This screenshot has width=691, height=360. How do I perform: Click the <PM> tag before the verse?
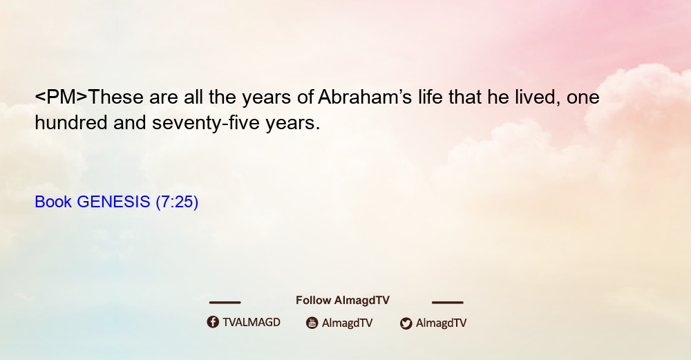[x=61, y=97]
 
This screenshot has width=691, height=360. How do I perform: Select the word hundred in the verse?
[x=71, y=122]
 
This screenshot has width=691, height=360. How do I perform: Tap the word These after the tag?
[x=116, y=97]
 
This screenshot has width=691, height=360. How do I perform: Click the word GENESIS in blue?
[x=114, y=202]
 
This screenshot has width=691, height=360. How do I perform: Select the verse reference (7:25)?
[x=177, y=202]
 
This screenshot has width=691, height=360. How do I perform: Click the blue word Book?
[x=53, y=202]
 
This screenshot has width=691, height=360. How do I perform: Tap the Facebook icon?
[x=213, y=322]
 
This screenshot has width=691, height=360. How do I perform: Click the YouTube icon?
[x=312, y=323]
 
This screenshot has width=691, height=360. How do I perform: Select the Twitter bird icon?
[x=406, y=323]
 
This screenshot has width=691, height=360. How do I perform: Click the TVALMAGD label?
[x=252, y=322]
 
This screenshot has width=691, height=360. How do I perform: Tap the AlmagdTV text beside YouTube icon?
[x=348, y=323]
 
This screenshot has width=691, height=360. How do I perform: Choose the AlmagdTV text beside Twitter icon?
[x=441, y=323]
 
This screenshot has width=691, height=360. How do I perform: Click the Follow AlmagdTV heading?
[x=343, y=300]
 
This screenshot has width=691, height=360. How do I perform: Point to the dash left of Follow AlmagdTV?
[x=225, y=302]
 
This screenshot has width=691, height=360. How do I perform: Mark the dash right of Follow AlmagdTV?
[x=448, y=302]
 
